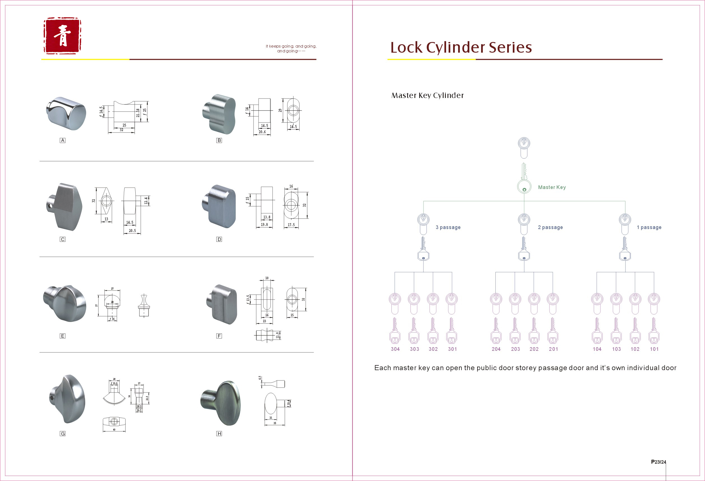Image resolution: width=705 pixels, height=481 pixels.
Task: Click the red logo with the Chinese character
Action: [x=62, y=36]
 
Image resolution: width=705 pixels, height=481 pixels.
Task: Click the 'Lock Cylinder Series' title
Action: [x=461, y=48]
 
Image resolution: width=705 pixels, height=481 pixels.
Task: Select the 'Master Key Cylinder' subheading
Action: [x=427, y=95]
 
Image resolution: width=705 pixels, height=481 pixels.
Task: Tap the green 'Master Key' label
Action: [x=551, y=187]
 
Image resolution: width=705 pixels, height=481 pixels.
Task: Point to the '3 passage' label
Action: [x=448, y=227]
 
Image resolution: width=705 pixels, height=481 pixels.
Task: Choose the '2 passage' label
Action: [x=550, y=227]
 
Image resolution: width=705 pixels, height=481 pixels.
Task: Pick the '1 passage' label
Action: [x=649, y=227]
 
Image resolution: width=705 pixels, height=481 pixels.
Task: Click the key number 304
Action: [x=395, y=349]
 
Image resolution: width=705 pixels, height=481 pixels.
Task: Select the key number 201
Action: [x=553, y=349]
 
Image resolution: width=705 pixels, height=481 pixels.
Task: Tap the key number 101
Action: [x=654, y=349]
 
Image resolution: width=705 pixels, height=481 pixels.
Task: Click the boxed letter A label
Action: [x=62, y=140]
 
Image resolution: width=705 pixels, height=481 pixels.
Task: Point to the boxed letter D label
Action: [x=219, y=239]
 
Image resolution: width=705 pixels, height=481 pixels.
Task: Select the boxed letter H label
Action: [x=219, y=434]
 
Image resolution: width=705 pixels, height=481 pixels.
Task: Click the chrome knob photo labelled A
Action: [x=66, y=113]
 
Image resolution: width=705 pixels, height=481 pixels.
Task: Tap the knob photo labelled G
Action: [x=68, y=399]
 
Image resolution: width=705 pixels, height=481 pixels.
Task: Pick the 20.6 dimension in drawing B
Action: [x=262, y=132]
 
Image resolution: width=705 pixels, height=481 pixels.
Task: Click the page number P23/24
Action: [x=658, y=462]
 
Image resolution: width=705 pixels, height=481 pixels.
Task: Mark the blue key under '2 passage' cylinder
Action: [x=524, y=249]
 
